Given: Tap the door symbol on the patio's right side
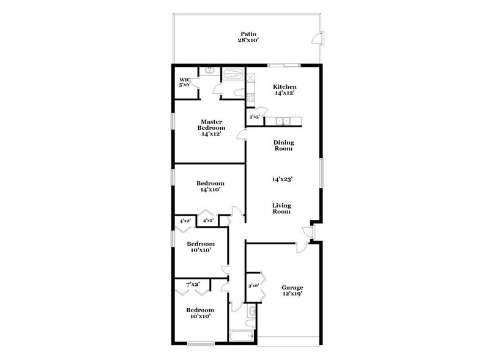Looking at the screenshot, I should [315, 40].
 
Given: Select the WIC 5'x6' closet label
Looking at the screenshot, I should [185, 82].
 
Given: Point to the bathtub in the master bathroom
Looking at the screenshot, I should [233, 74].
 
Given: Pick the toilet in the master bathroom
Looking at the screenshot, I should [240, 93].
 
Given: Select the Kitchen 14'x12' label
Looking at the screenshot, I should [284, 90].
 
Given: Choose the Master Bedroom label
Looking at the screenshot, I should [211, 127].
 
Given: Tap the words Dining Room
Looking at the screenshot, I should [283, 144].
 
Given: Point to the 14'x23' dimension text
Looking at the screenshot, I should [283, 179].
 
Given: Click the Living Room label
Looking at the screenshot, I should [282, 209].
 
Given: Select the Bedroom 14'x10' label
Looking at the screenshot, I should [210, 187].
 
